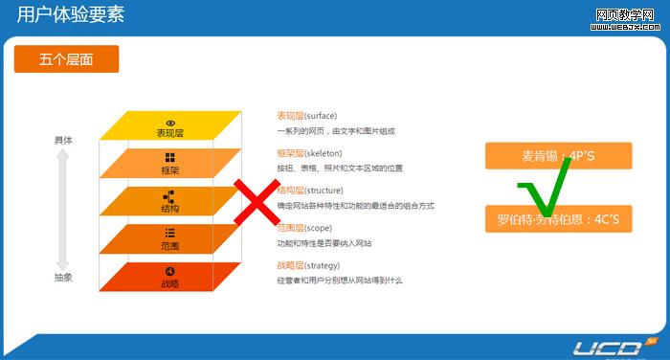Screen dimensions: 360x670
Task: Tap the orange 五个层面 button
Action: tap(66, 59)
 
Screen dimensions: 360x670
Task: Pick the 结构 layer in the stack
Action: tap(169, 202)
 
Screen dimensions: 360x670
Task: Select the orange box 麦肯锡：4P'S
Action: tap(558, 155)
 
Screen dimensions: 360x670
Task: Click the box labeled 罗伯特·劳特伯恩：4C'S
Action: tap(558, 219)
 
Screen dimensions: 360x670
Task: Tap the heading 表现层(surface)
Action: tap(306, 116)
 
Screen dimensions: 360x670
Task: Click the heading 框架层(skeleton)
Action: tap(309, 153)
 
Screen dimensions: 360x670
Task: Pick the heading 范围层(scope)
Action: tap(304, 228)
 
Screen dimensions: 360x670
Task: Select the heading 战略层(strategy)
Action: tap(309, 265)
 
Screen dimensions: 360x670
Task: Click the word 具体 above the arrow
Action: tap(63, 140)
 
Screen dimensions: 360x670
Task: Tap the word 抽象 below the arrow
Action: tap(63, 278)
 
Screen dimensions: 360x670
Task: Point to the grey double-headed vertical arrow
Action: tap(63, 209)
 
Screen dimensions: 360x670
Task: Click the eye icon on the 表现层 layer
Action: tap(170, 122)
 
